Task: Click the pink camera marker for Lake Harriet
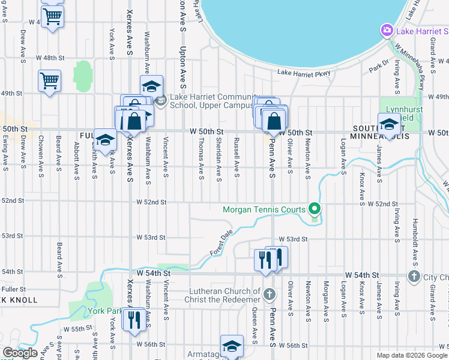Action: [x=387, y=29]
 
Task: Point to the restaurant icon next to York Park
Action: [x=133, y=319]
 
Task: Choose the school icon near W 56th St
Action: [x=232, y=346]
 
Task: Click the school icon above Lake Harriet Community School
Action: [x=152, y=85]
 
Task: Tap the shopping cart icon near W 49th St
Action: [x=49, y=80]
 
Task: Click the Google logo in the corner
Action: [x=20, y=353]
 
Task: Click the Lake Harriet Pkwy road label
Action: [x=304, y=73]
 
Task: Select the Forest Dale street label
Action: [x=221, y=243]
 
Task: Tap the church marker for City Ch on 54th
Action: [x=414, y=276]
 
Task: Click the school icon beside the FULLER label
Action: [x=105, y=140]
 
